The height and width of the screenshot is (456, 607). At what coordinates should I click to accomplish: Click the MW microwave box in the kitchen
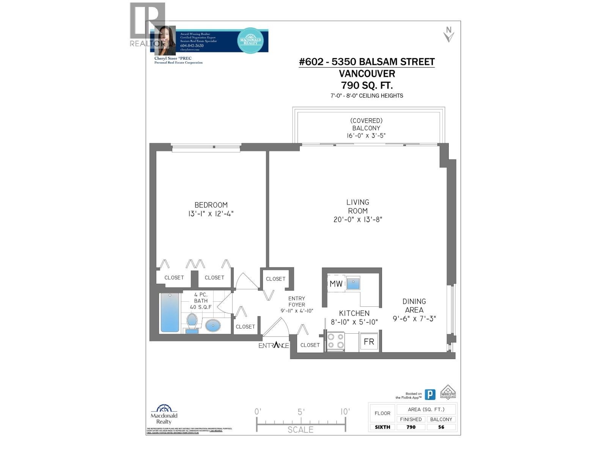(x=336, y=283)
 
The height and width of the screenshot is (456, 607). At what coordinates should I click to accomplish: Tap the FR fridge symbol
(x=369, y=342)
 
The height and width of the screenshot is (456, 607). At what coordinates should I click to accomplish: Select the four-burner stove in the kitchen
(x=336, y=341)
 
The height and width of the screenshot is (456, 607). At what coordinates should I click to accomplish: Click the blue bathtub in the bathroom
(x=170, y=312)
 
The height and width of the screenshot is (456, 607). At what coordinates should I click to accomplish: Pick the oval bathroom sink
(x=213, y=326)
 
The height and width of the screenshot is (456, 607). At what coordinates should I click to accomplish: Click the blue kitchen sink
(x=353, y=283)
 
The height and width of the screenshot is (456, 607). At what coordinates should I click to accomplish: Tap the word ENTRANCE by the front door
(x=274, y=345)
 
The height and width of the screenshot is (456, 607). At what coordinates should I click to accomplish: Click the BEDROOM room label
(x=211, y=205)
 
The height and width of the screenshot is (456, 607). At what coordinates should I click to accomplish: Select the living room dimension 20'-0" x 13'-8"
(x=358, y=219)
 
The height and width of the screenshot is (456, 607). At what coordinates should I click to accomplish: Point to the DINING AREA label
(x=414, y=306)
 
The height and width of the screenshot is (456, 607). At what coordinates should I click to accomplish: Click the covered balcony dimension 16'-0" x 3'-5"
(x=366, y=136)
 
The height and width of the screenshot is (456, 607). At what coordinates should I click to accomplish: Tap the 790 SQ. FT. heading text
(x=367, y=85)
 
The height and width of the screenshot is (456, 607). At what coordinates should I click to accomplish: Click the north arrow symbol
(x=449, y=35)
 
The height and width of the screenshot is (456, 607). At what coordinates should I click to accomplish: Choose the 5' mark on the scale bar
(x=301, y=412)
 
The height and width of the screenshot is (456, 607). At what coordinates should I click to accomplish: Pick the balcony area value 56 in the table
(x=441, y=427)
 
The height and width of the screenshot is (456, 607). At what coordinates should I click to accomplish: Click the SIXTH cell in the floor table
(x=382, y=427)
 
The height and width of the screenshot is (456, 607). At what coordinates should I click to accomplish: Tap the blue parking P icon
(x=430, y=394)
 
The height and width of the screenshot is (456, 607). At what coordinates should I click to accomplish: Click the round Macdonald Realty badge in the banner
(x=250, y=40)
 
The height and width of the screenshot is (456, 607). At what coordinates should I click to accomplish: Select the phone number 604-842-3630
(x=192, y=46)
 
